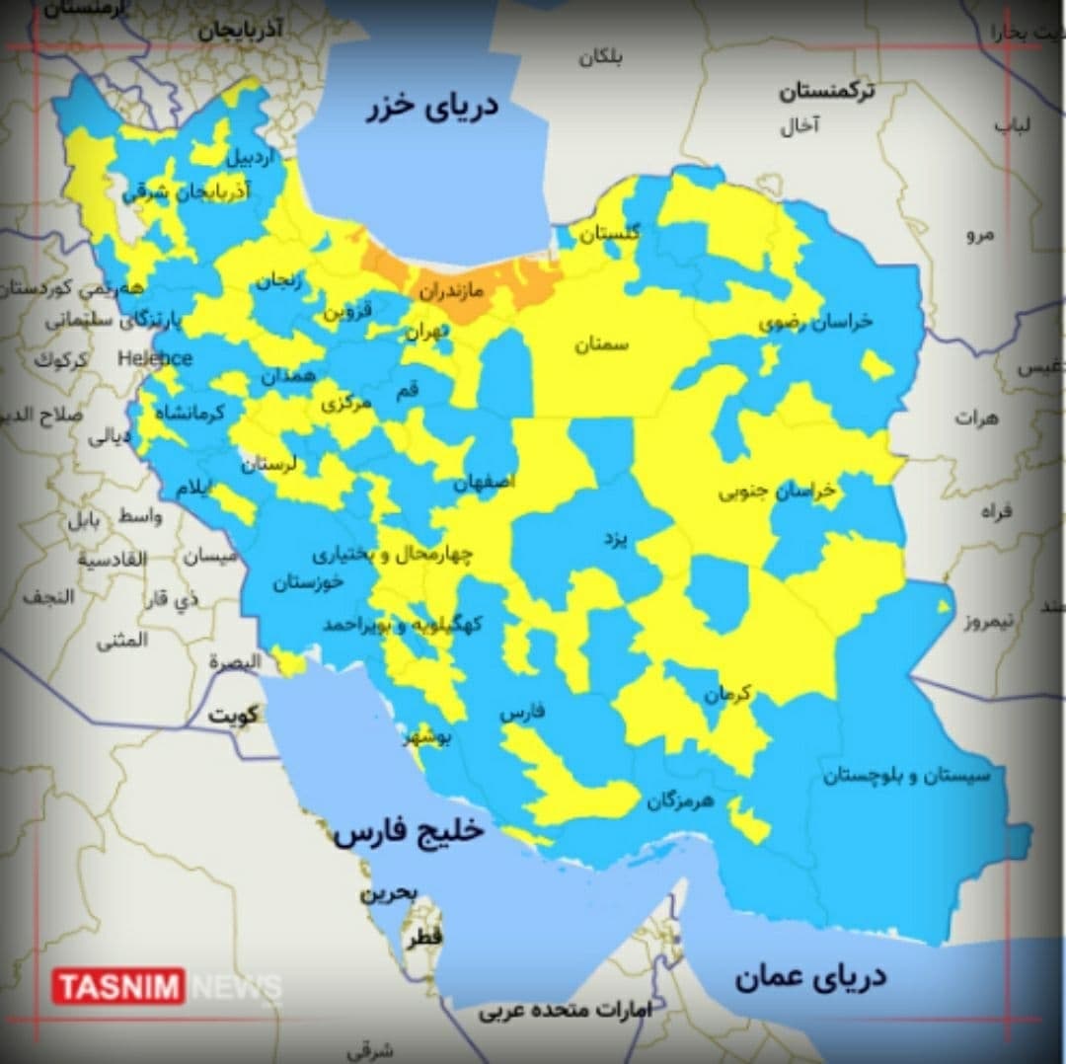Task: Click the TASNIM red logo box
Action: tap(118, 986)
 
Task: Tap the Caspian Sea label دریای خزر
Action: tap(434, 108)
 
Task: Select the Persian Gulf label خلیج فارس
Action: tap(409, 832)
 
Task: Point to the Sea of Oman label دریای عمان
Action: tap(809, 977)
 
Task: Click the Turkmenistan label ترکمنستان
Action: tap(826, 93)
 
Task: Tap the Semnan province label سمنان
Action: tap(603, 344)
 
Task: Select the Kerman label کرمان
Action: tap(727, 694)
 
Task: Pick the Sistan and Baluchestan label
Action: tap(906, 777)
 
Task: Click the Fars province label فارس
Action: tap(521, 713)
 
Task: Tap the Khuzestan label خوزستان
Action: tap(308, 582)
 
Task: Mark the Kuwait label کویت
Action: tap(232, 716)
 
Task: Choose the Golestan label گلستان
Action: tap(609, 234)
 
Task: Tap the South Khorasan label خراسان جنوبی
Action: tap(777, 491)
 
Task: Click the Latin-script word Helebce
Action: tap(155, 358)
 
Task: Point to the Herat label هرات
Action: tap(976, 418)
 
